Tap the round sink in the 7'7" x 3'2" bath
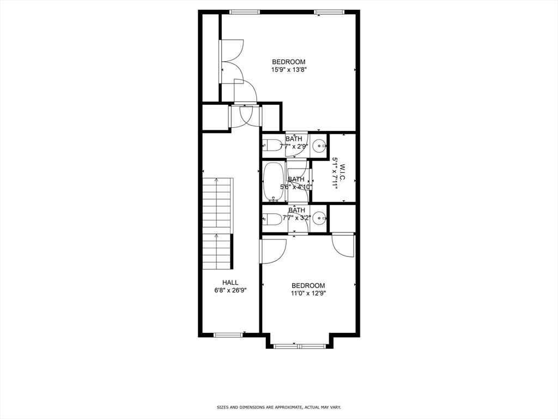tap(320, 218)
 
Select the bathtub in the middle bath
tap(274, 182)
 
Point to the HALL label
tap(231, 283)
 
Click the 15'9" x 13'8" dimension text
tap(289, 70)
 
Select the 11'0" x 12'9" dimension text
tap(308, 293)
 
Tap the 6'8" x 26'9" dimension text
tap(231, 290)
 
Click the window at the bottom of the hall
tap(228, 334)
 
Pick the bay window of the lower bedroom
tap(300, 346)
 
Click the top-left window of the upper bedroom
tap(245, 12)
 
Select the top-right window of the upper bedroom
tap(330, 12)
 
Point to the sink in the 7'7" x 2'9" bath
tap(320, 145)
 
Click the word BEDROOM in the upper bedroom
tap(289, 62)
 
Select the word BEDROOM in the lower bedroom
tap(308, 285)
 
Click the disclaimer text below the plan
tap(279, 407)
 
